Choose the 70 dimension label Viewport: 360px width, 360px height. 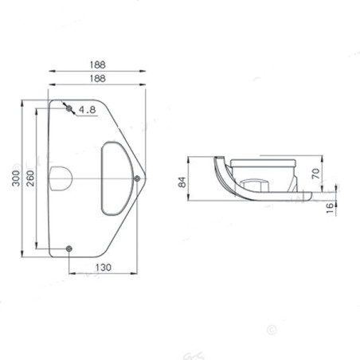coord(316,172)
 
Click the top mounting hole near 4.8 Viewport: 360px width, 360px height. coord(69,107)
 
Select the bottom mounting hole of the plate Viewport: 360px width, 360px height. coord(69,248)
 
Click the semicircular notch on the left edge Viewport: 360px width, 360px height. coord(57,177)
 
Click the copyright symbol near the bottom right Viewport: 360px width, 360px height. coord(270,327)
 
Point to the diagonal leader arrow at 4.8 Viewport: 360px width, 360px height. coord(77,112)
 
